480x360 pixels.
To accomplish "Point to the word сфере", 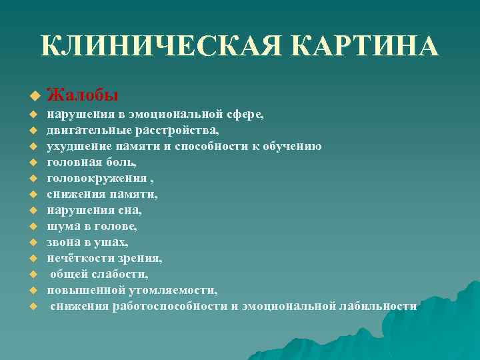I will pos(246,115).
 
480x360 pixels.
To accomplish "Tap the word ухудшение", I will pos(74,147).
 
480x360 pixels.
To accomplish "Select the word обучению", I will pos(292,147).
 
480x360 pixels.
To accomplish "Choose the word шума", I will pos(61,227).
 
